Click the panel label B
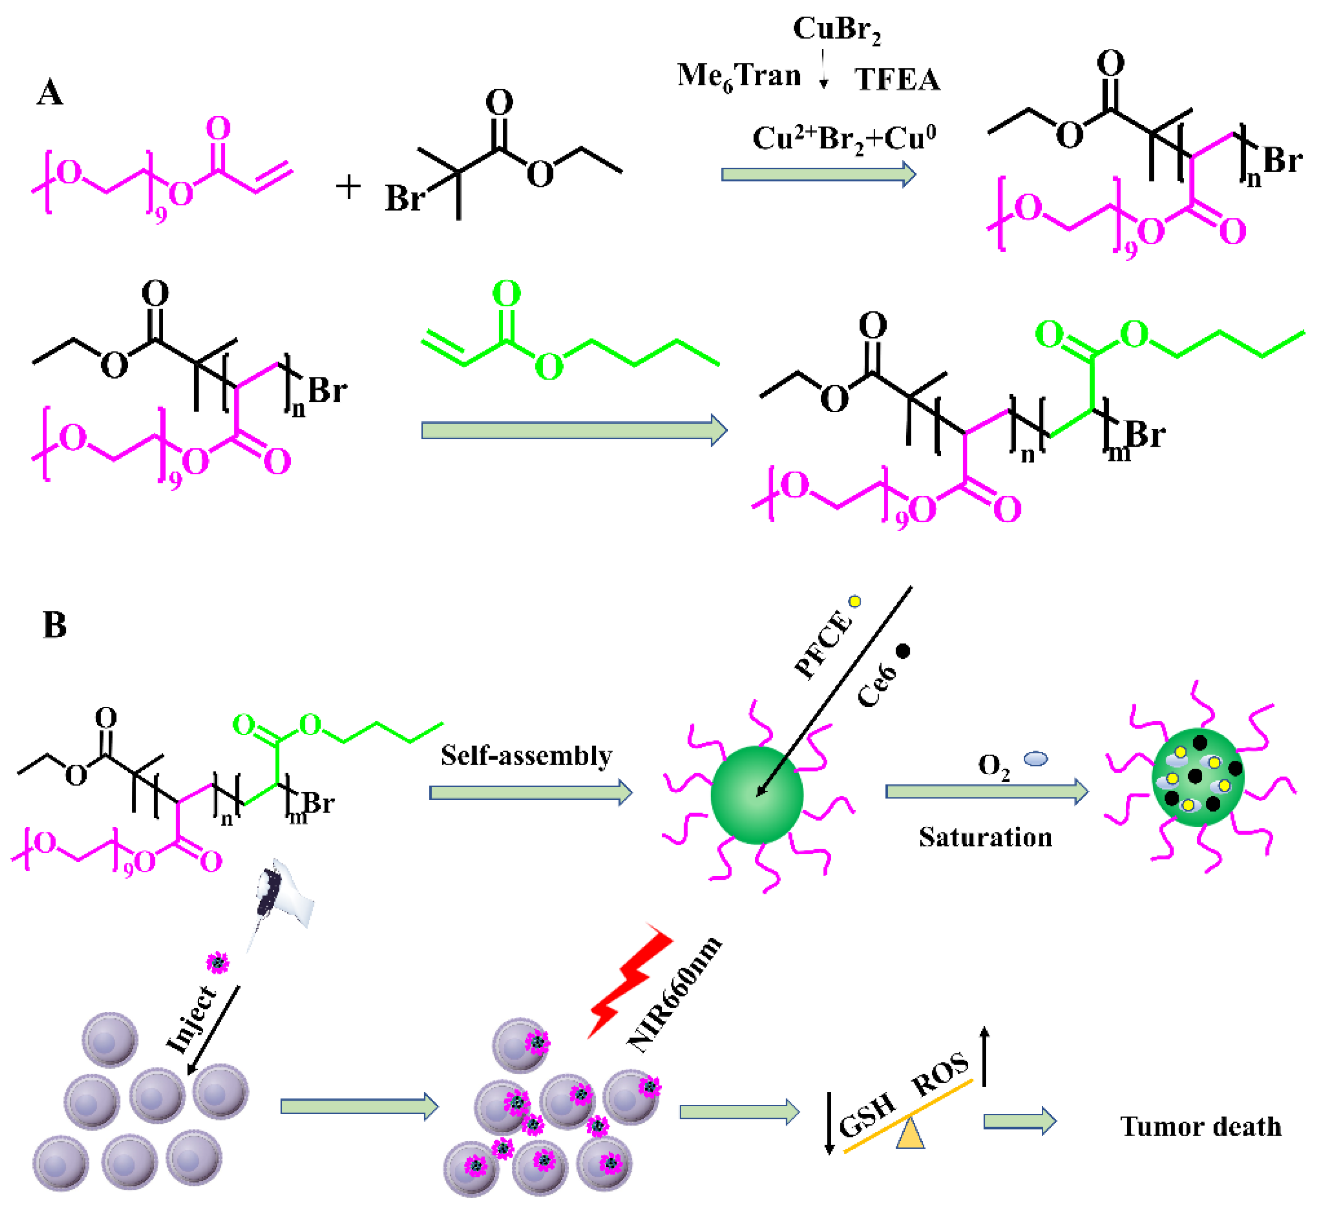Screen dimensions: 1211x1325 coord(55,625)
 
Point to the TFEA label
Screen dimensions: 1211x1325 coord(897,80)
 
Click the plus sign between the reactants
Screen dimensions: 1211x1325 coord(348,186)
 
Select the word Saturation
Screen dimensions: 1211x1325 coord(985,838)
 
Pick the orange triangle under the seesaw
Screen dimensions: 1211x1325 coord(910,1134)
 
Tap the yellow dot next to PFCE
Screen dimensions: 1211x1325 coord(855,601)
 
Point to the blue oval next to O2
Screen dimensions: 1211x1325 coord(1036,759)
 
